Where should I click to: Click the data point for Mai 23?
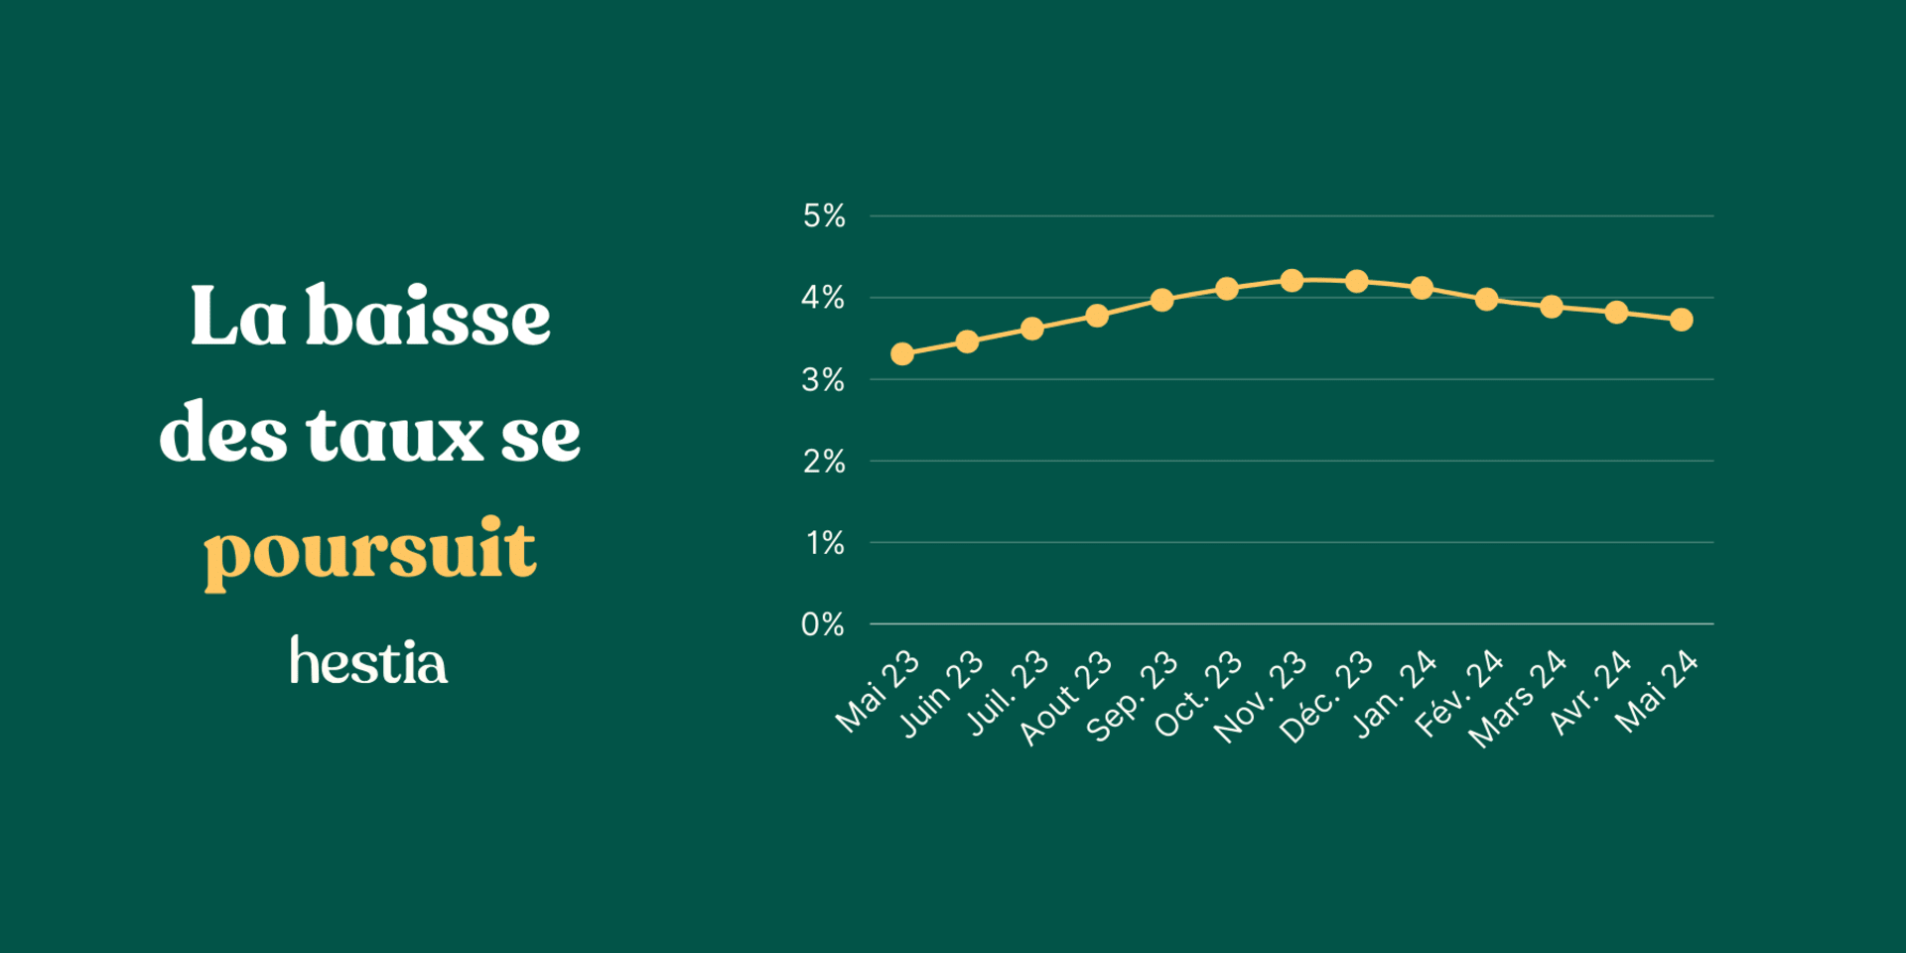[902, 353]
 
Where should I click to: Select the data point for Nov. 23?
[1292, 281]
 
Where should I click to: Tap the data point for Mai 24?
[1681, 320]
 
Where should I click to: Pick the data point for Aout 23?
[1097, 316]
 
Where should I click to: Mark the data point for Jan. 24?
[1422, 288]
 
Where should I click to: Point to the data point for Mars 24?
[1552, 307]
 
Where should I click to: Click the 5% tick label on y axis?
[824, 216]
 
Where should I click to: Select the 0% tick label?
[823, 624]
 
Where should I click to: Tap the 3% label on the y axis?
[823, 380]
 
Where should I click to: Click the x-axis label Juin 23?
[941, 694]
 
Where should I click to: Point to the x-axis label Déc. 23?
[1326, 697]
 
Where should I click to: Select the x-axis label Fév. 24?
[1458, 694]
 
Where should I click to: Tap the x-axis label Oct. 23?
[1198, 694]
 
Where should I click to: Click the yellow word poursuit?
[369, 551]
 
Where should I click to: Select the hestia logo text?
[368, 661]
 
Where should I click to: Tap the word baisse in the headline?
[427, 318]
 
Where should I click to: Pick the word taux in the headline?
[395, 435]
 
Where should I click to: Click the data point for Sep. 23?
[1161, 300]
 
